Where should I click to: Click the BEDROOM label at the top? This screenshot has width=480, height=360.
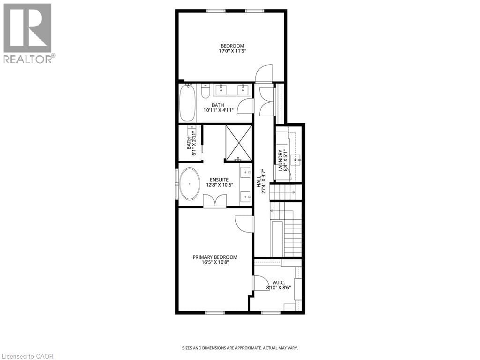click(232, 45)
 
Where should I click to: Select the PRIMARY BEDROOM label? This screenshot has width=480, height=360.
click(215, 257)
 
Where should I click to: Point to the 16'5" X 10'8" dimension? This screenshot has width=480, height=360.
click(215, 262)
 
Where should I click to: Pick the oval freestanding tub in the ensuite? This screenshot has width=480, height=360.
click(190, 184)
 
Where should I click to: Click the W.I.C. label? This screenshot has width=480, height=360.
click(276, 283)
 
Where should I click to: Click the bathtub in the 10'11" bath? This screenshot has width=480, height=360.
click(187, 103)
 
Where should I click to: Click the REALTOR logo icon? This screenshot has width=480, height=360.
click(27, 28)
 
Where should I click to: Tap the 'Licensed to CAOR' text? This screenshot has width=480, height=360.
click(28, 356)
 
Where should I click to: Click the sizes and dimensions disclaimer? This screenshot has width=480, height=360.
click(240, 348)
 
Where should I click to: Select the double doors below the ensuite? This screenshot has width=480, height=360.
click(215, 200)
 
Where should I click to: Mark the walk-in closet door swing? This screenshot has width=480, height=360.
click(258, 283)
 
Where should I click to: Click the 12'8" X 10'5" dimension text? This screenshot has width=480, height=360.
click(219, 185)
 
